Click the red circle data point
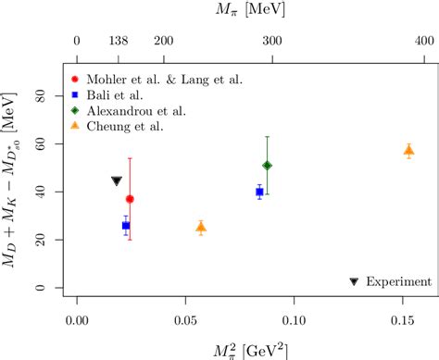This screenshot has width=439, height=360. (130, 199)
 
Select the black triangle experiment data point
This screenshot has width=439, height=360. (116, 181)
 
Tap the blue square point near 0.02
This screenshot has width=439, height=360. (126, 225)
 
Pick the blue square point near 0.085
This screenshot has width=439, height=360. (259, 192)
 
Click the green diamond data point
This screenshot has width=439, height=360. (268, 166)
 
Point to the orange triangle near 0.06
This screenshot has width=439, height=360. (201, 227)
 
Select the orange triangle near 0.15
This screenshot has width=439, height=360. (408, 150)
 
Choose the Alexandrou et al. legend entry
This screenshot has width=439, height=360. (129, 110)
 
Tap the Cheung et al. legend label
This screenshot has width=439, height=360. (118, 126)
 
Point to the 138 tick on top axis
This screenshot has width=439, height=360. (117, 42)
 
